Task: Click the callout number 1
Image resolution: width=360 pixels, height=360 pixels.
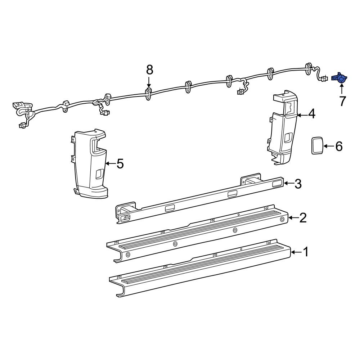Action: pyautogui.click(x=305, y=252)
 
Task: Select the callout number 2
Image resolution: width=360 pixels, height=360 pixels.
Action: pyautogui.click(x=303, y=218)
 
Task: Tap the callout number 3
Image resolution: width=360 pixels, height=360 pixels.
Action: pyautogui.click(x=298, y=184)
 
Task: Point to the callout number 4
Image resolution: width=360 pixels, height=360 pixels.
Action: pyautogui.click(x=311, y=114)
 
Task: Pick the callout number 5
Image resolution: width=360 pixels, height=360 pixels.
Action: pyautogui.click(x=120, y=164)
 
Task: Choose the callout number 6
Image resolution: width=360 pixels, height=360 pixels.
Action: pyautogui.click(x=338, y=146)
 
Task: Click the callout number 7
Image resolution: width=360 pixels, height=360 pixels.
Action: pyautogui.click(x=342, y=101)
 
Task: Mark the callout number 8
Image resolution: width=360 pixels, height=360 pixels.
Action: pyautogui.click(x=149, y=69)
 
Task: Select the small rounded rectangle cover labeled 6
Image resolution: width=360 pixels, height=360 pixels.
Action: pyautogui.click(x=317, y=146)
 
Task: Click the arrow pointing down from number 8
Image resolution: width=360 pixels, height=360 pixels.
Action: pyautogui.click(x=149, y=81)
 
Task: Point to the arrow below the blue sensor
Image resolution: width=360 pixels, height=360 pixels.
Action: pyautogui.click(x=341, y=88)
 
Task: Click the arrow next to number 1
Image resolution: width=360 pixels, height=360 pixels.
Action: pyautogui.click(x=295, y=252)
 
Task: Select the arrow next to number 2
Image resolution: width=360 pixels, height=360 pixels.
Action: pyautogui.click(x=293, y=218)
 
